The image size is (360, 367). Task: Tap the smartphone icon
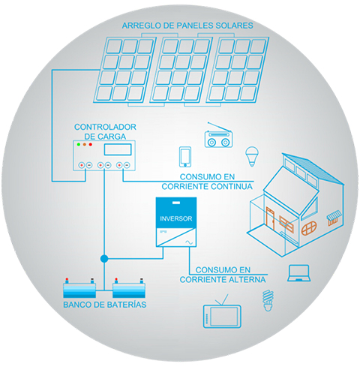pyautogui.click(x=185, y=157)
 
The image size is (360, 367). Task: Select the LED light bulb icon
pyautogui.click(x=252, y=156)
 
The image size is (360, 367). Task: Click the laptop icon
pyautogui.click(x=298, y=273)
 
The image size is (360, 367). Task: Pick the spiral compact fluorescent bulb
pyautogui.click(x=268, y=301)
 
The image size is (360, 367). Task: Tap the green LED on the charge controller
pyautogui.click(x=79, y=144)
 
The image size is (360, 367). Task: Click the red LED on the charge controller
pyautogui.click(x=91, y=144)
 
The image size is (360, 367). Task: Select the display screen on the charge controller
pyautogui.click(x=118, y=149)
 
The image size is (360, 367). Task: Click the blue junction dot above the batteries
pyautogui.click(x=104, y=259)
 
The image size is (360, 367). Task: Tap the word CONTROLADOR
pyautogui.click(x=105, y=127)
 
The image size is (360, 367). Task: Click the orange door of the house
pyautogui.click(x=270, y=218)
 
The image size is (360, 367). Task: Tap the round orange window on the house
pyautogui.click(x=309, y=228)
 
